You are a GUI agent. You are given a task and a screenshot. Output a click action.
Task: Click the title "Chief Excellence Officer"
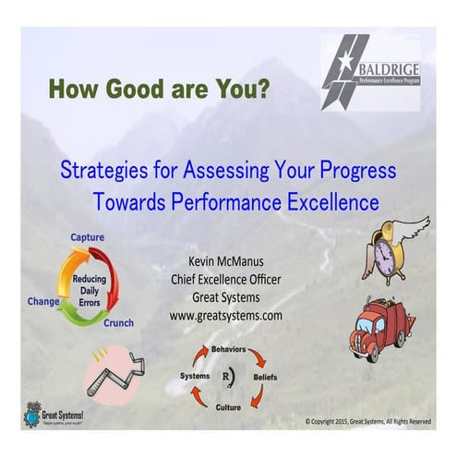pos(226,280)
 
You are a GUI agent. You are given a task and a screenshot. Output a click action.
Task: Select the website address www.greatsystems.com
pos(226,315)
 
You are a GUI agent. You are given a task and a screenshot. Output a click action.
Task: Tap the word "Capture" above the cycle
pos(88,237)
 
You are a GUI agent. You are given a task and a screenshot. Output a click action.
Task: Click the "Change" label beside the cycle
pos(44,300)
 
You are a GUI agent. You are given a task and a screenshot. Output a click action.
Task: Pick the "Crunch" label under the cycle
pos(117,323)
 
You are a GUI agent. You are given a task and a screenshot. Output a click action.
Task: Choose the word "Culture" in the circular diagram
pos(228,405)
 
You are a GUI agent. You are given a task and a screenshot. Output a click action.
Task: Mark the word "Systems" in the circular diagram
pos(195,377)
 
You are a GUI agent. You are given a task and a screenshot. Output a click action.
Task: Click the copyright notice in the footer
pos(367,421)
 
